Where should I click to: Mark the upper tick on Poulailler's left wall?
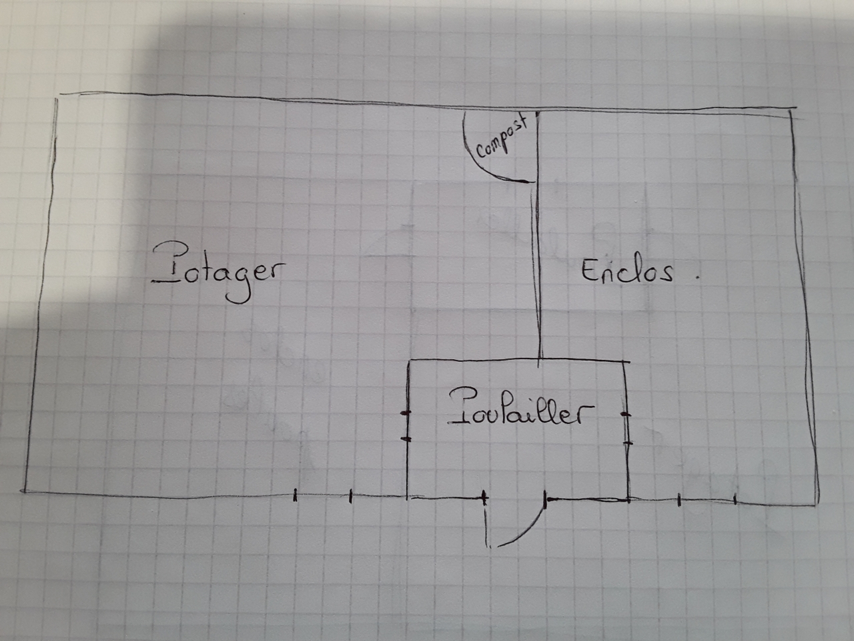click(406, 415)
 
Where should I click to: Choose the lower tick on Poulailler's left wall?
click(406, 439)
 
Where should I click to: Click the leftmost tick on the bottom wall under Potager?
click(296, 495)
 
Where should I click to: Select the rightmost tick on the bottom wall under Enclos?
click(735, 499)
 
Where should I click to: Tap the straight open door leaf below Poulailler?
click(486, 527)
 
